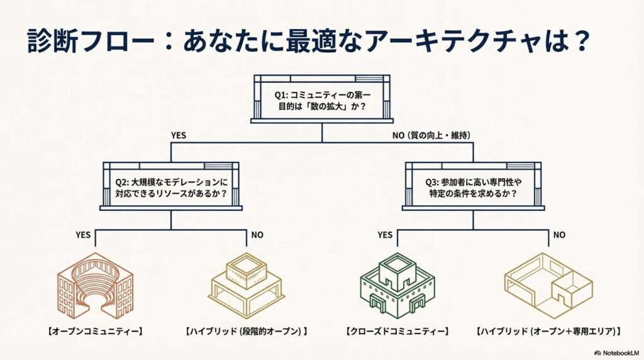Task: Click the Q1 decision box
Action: point(321,99)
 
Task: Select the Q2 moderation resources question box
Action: point(171,187)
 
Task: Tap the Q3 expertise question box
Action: point(472,187)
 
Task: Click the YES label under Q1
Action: point(178,135)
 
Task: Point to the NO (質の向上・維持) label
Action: point(431,135)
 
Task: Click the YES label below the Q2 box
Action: point(83,235)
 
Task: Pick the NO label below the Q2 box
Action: point(257,235)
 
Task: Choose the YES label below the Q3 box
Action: point(385,235)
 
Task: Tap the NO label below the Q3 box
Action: point(559,235)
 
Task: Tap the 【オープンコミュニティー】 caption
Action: point(95,330)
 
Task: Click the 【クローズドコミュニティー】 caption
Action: point(397,330)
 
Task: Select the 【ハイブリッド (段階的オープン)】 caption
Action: point(246,330)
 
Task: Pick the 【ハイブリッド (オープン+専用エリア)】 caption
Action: point(548,330)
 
